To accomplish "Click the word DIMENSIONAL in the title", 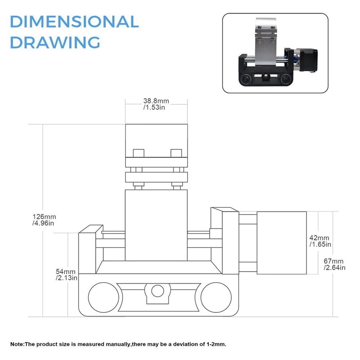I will (x=74, y=22).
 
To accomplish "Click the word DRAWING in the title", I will (x=54, y=42).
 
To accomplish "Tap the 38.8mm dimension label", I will (x=156, y=101).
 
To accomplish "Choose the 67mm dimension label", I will (x=333, y=261).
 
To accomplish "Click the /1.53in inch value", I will (x=154, y=108).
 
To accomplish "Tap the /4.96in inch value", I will (x=44, y=223).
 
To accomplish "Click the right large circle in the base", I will (x=216, y=297).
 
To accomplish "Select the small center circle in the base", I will (x=157, y=291).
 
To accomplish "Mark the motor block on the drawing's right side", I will (x=281, y=243).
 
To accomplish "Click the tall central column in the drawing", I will (x=156, y=225).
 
